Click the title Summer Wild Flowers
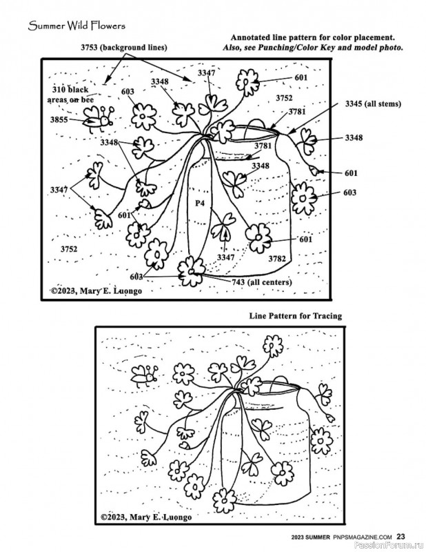click(x=67, y=26)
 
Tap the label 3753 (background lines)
click(x=123, y=47)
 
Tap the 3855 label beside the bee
click(x=59, y=119)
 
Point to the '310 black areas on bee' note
click(x=71, y=95)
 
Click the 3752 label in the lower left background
click(x=68, y=248)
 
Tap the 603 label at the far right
click(x=349, y=193)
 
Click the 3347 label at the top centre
click(x=206, y=72)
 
